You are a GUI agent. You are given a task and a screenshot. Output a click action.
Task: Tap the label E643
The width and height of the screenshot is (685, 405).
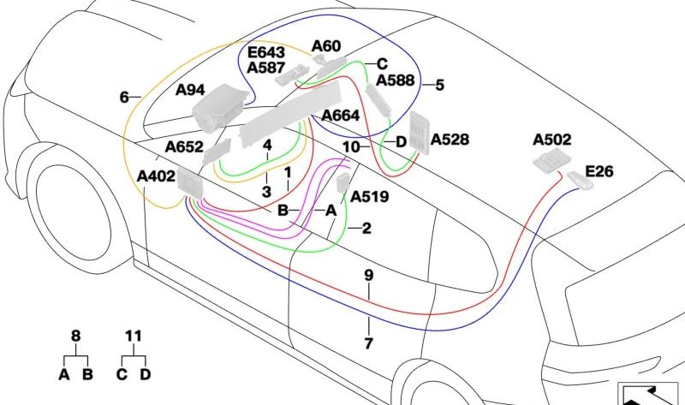(267, 51)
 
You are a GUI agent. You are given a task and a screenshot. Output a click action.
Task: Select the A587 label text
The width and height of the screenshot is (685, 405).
(267, 67)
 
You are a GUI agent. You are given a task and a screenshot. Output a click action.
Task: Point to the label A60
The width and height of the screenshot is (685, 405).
(325, 45)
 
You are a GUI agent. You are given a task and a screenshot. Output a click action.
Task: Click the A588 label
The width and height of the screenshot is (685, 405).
(395, 80)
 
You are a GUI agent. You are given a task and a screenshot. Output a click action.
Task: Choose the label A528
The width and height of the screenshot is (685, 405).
(450, 139)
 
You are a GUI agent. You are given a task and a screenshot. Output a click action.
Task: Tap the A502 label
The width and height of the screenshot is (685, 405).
(551, 139)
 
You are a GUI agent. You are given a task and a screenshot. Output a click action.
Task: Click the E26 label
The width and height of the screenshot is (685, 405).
(599, 172)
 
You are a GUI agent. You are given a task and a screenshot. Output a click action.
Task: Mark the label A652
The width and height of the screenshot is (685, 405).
(184, 146)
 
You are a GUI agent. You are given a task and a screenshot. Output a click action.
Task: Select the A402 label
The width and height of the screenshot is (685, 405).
(156, 176)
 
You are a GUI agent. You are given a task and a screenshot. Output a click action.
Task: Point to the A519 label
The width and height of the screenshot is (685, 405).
(369, 197)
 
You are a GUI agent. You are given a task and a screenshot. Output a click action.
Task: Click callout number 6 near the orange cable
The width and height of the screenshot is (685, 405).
(124, 98)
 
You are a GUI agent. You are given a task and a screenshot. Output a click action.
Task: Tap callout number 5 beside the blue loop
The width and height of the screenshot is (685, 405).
(439, 85)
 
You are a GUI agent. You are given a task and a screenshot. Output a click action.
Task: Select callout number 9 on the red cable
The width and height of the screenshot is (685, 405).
(369, 276)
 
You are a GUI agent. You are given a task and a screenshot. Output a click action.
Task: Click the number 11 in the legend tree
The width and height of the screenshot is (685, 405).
(133, 337)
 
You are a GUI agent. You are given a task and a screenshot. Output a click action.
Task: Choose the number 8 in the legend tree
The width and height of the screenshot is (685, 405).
(75, 337)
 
